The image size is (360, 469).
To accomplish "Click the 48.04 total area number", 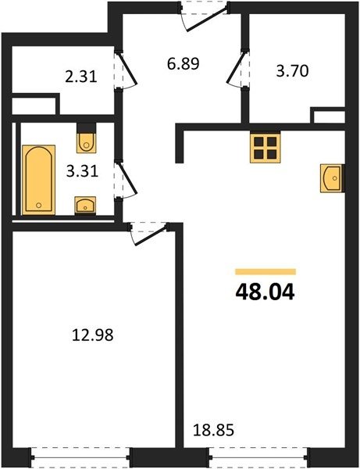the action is click(265, 292).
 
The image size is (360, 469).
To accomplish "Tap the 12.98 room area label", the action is click(93, 335).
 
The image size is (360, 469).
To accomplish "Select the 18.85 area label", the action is click(213, 431).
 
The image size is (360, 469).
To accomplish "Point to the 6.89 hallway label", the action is click(184, 64).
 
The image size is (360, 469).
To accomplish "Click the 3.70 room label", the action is click(292, 71).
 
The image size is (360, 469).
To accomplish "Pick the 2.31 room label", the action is click(81, 77).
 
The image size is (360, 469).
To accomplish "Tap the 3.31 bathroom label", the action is click(82, 172).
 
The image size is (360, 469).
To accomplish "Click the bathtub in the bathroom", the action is click(39, 180).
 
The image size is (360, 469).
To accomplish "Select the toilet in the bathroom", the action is click(87, 138).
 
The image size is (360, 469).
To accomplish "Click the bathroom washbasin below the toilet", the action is click(85, 205).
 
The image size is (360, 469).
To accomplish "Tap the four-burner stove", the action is click(266, 148).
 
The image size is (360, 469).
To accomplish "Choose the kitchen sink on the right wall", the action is click(332, 178).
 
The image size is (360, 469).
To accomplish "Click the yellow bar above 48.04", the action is click(266, 271).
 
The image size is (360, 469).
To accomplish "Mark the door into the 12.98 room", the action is click(148, 234).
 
